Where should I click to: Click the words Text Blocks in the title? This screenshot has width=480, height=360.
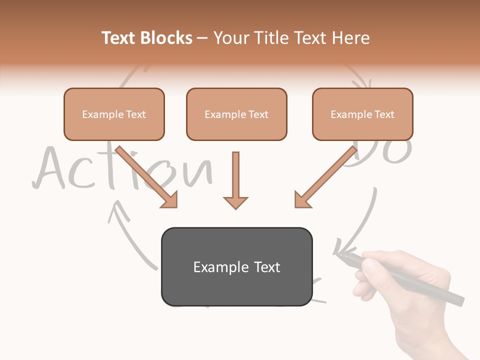146,38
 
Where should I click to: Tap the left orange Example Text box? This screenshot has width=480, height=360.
114,114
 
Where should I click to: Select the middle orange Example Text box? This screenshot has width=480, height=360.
236,114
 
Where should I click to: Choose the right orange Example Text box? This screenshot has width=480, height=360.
362,114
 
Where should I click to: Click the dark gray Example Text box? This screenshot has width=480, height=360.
236,266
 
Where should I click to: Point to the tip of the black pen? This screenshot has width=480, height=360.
337,255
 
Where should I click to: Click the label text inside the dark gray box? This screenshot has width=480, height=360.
236,267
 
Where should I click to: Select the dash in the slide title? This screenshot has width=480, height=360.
202,38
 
